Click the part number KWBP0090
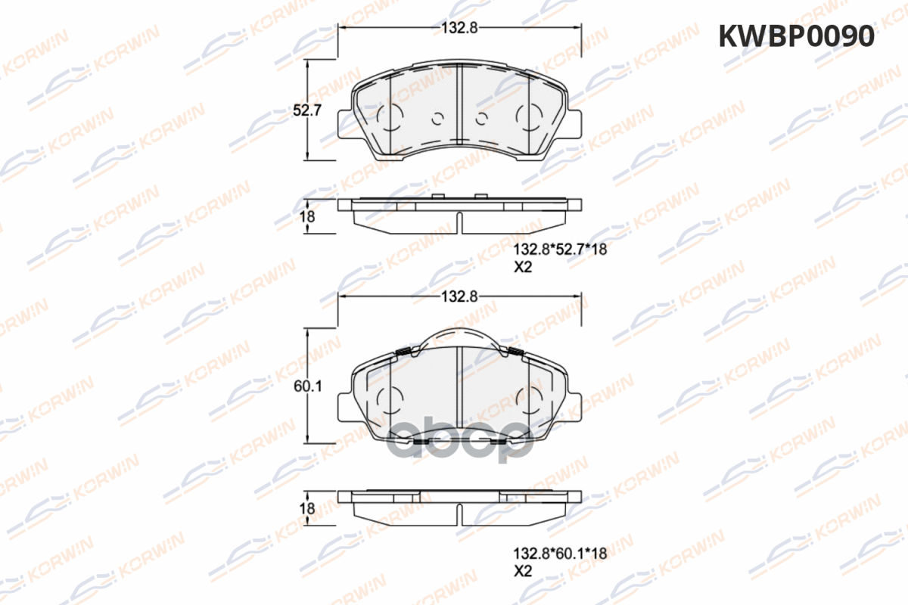coord(797,36)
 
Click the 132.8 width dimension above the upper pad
coord(460,27)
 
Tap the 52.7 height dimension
coord(307,110)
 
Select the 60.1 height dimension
coord(308,386)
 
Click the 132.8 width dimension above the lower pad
coord(460,296)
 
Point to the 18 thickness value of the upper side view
coord(307,217)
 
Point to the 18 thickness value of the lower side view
coord(307,508)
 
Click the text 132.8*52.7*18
coord(560,250)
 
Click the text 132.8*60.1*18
coord(560,553)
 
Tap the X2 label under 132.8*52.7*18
coord(523,267)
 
